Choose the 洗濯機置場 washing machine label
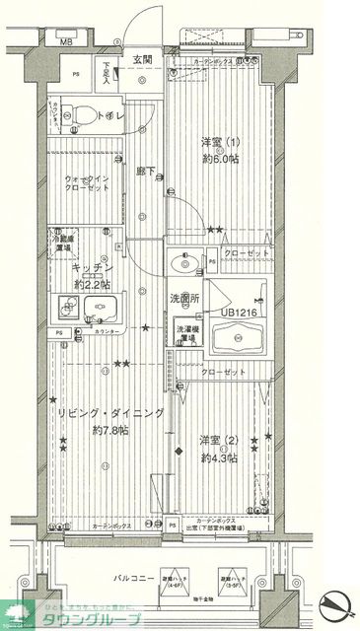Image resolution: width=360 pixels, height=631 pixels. coord(189,334)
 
